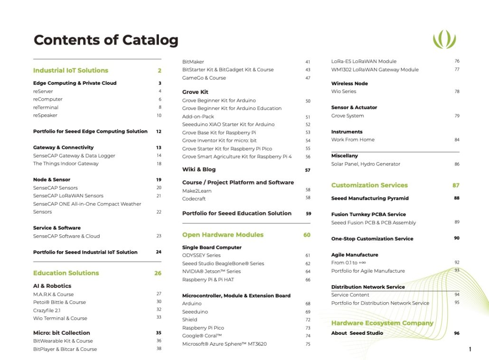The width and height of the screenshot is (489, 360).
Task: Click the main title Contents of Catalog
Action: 106,40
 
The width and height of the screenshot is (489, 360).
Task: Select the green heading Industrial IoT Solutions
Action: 71,71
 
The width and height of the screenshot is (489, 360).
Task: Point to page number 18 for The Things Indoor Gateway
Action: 159,164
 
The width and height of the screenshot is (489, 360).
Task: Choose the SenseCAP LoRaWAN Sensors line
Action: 68,196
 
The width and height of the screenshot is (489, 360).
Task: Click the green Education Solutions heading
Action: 66,273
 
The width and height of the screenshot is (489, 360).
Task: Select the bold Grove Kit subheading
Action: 195,92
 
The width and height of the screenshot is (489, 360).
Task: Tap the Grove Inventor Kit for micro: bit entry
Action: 219,140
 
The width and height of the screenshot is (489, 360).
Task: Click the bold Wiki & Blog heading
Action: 199,170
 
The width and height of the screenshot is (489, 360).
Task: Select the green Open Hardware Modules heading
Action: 223,235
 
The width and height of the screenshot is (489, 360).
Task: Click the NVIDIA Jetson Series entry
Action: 211,271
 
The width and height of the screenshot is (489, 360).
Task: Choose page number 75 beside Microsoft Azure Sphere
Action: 308,344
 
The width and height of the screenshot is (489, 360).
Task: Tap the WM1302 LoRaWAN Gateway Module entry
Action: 375,70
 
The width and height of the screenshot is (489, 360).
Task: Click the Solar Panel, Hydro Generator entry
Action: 366,164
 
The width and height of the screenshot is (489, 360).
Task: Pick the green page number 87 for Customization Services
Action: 456,185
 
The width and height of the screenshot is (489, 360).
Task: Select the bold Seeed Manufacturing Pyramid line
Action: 370,198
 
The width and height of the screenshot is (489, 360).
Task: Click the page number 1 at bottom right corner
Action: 470,350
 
